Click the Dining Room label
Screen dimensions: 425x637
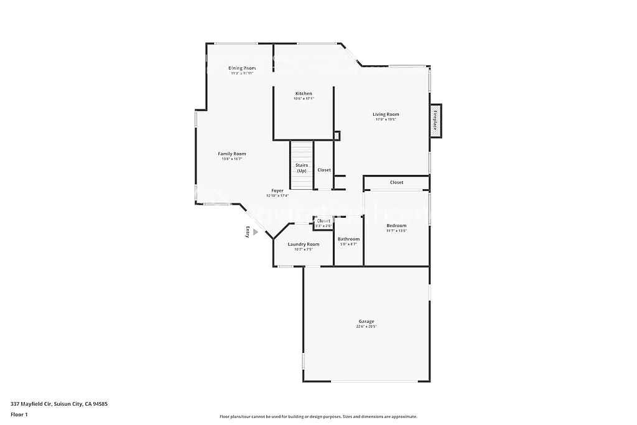tap(242, 68)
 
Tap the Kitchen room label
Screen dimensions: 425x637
tap(304, 93)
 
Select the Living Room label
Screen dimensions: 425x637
tap(386, 114)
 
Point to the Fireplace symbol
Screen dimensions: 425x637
tap(435, 119)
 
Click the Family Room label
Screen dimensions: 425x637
tap(231, 154)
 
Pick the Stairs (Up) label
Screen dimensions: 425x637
tap(302, 168)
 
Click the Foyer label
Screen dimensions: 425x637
tap(277, 190)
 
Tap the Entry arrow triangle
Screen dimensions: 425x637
tap(255, 231)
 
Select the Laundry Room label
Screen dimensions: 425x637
tap(304, 244)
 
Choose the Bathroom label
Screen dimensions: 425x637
tap(348, 239)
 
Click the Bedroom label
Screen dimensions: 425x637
tap(396, 226)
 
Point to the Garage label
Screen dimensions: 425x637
tap(366, 321)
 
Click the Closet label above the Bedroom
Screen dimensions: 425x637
tap(396, 182)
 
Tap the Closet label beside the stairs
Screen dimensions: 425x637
tap(324, 170)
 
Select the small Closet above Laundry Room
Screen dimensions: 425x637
tap(324, 221)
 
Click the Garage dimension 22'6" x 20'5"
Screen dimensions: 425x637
tap(366, 327)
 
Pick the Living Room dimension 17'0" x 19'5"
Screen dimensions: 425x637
tap(386, 119)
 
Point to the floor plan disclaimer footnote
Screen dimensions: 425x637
tap(318, 417)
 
